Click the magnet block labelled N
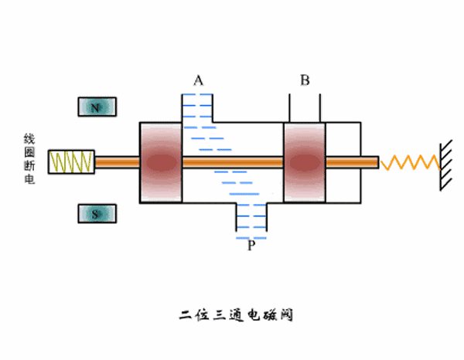click(x=97, y=107)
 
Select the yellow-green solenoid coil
click(x=71, y=161)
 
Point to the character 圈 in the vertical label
click(x=29, y=154)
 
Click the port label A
click(x=198, y=80)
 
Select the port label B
click(x=305, y=80)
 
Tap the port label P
click(x=251, y=246)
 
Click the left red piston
click(x=161, y=162)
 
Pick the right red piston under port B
click(x=304, y=162)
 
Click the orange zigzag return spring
click(x=410, y=162)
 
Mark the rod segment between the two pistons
click(x=233, y=162)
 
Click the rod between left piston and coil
click(x=116, y=161)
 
